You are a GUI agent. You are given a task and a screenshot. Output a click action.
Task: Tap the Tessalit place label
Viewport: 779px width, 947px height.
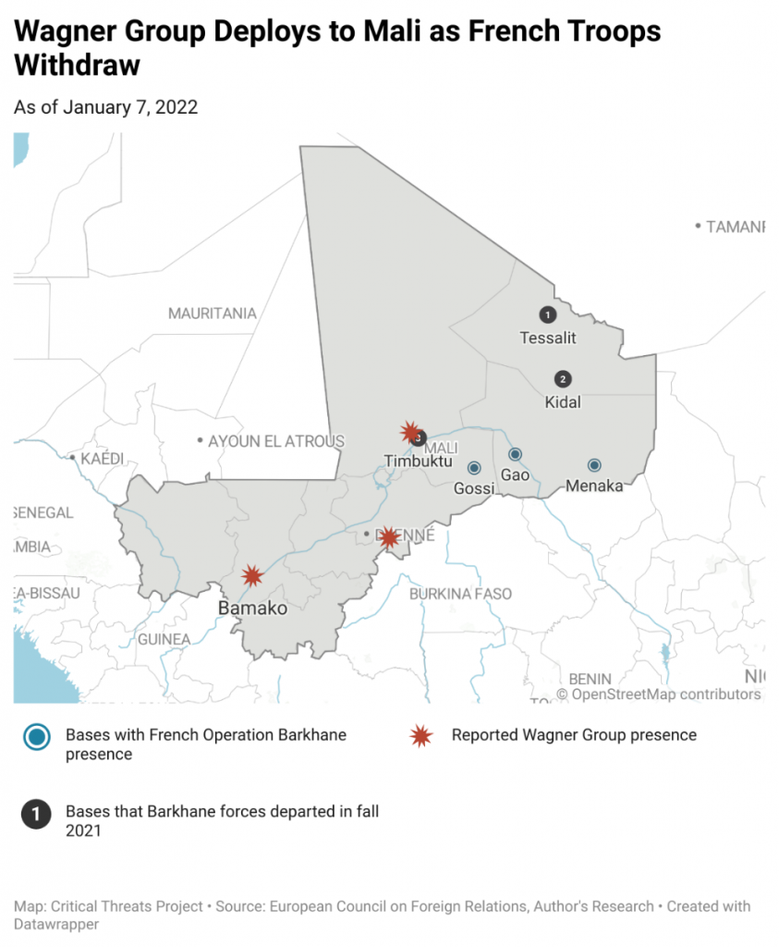(x=548, y=338)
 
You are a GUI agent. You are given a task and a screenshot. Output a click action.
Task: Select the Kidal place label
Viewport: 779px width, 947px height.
(x=563, y=402)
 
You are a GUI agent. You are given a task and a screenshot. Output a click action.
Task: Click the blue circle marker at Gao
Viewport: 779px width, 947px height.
(x=516, y=454)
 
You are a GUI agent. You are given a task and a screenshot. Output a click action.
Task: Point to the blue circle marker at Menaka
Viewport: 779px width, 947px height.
(x=594, y=465)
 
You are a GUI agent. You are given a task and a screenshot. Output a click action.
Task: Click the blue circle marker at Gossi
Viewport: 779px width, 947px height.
(x=474, y=468)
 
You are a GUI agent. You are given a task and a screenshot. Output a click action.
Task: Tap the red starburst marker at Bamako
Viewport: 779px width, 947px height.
(x=251, y=576)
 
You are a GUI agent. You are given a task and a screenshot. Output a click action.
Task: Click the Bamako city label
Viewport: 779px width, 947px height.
(x=252, y=609)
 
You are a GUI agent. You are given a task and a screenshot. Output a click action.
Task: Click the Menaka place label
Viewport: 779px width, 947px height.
(x=594, y=486)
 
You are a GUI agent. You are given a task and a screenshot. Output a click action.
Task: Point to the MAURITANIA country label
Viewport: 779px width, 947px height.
(x=212, y=314)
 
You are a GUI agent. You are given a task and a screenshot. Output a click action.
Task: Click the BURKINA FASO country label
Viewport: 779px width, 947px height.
(x=460, y=594)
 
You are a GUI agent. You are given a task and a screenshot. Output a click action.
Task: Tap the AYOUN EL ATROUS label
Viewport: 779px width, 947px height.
(x=276, y=441)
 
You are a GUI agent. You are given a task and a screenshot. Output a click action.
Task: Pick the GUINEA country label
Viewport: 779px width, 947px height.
(x=164, y=639)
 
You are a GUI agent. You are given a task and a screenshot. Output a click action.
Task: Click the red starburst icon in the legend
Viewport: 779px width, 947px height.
(x=421, y=736)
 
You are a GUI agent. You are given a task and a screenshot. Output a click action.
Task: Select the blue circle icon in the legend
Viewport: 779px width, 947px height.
(x=37, y=737)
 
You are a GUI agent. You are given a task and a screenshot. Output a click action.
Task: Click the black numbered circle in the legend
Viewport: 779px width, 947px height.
(x=37, y=815)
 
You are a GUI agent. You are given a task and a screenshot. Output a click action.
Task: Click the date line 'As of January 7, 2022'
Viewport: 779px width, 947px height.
(x=106, y=107)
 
